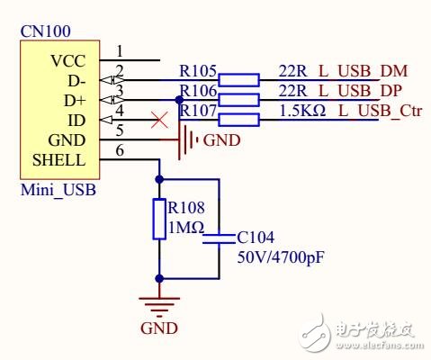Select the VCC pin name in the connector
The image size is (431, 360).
68,61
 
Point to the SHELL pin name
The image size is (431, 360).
58,160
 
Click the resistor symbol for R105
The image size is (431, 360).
238,79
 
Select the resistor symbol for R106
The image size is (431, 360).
238,99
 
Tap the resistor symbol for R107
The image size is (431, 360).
238,120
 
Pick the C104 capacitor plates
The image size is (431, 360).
219,239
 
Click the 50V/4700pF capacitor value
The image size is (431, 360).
280,258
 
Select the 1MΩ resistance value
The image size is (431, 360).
186,229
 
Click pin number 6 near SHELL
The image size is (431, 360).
120,151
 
